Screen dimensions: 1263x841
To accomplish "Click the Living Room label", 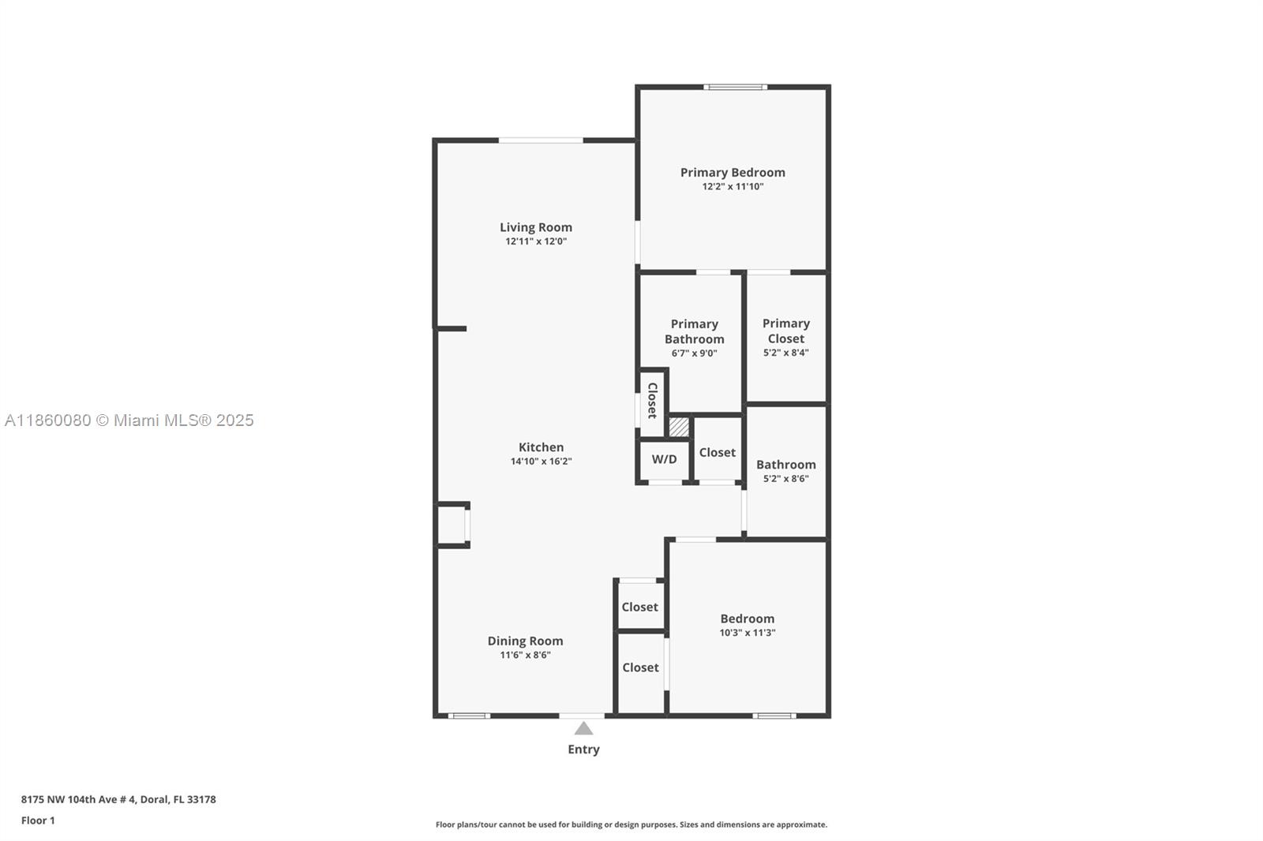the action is coord(536,227).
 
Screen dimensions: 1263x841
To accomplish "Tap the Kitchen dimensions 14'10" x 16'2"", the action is coord(542,461).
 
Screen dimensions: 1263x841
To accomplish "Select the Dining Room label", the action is coord(525,641).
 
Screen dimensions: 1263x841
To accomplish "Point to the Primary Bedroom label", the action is coord(733,173).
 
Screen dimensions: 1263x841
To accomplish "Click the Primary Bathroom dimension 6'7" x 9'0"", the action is coord(694,353).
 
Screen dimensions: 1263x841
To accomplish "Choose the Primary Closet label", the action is coord(786,331).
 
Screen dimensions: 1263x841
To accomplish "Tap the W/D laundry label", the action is coord(664,459).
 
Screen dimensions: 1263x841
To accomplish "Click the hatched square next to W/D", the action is coord(679,427).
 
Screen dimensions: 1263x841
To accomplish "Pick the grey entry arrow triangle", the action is coord(583,728).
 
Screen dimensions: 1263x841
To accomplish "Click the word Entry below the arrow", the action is coord(583,749).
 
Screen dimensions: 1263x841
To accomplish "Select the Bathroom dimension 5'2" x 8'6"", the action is coord(786,479).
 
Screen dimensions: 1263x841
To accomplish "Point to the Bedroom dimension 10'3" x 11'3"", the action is coord(747,633).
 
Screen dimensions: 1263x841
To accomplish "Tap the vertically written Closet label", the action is coord(652,401).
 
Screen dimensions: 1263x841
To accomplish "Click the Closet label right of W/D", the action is coord(718,452).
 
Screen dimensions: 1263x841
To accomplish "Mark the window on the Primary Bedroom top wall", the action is coord(735,87).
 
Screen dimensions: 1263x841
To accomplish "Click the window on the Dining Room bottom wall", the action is coord(469,716).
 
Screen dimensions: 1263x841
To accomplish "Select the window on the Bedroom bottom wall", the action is coord(774,716).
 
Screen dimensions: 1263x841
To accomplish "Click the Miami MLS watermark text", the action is coord(129,420).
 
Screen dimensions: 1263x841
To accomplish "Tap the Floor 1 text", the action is coord(39,820).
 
